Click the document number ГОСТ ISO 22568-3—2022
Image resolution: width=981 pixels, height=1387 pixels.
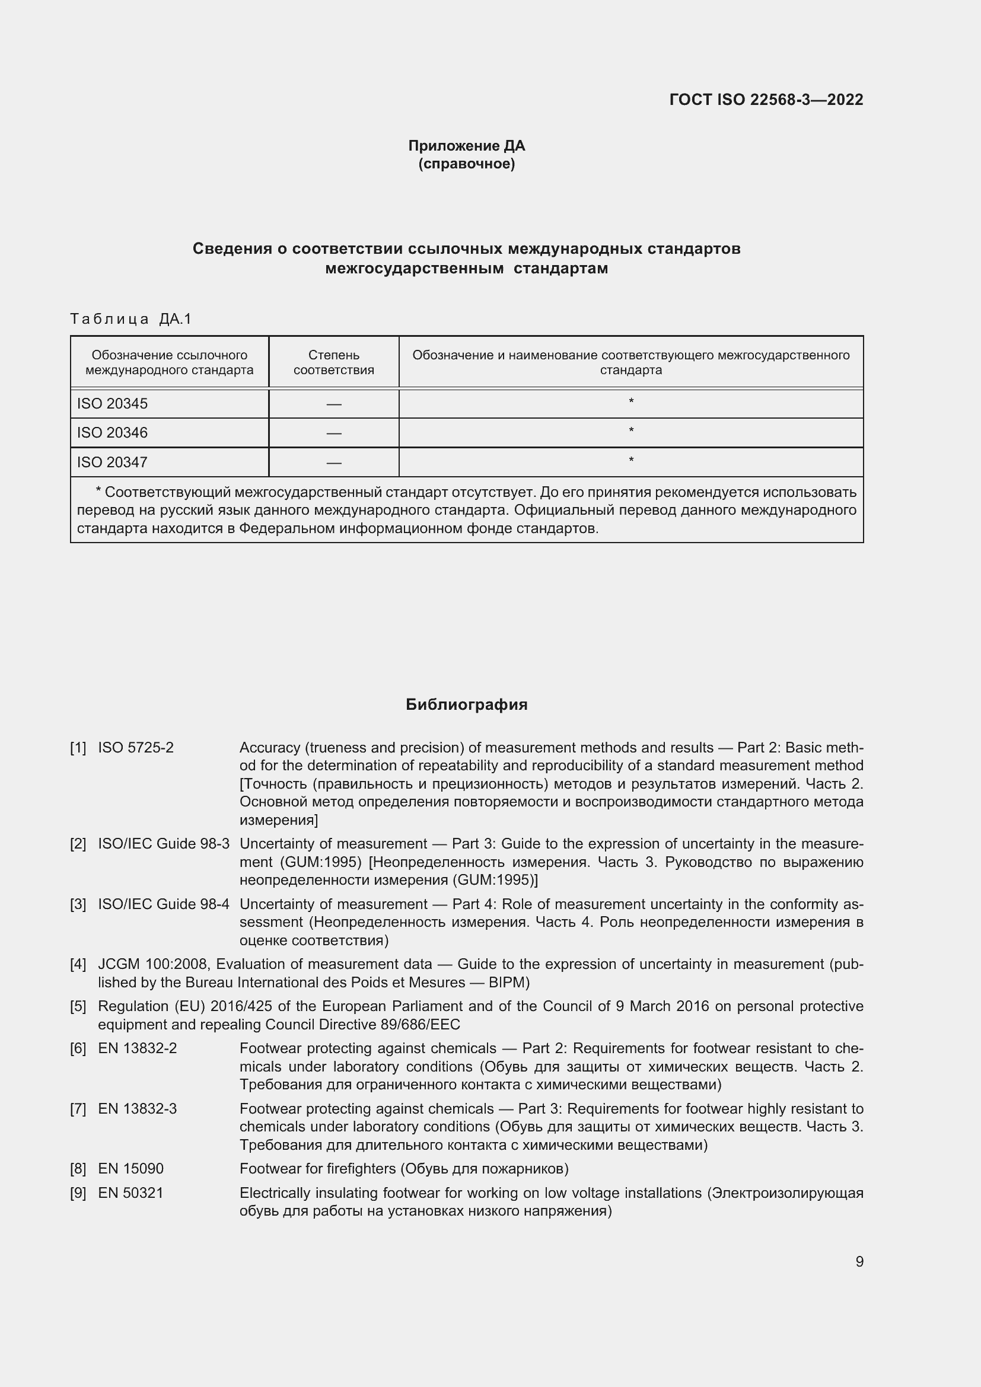[766, 100]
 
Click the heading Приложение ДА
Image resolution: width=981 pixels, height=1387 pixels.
[466, 146]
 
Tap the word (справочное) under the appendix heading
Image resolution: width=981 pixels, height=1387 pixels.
[466, 164]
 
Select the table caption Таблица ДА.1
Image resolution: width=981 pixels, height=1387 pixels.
[130, 319]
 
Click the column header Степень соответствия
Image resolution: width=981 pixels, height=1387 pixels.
[333, 362]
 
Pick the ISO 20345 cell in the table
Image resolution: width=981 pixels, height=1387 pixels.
[112, 404]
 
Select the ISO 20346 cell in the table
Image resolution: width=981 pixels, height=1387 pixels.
[112, 432]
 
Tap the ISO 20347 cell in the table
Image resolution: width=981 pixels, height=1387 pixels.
[112, 462]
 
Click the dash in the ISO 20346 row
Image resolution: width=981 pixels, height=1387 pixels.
[333, 433]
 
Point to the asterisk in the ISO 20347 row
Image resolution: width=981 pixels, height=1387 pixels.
[630, 460]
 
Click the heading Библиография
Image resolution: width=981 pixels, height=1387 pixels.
[466, 704]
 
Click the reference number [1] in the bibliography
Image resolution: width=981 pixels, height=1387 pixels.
[78, 748]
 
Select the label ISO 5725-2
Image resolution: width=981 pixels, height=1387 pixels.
[136, 748]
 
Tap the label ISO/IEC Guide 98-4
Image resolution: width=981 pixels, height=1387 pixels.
[164, 904]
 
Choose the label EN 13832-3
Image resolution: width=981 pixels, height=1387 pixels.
[137, 1109]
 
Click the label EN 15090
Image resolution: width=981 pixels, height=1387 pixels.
[130, 1169]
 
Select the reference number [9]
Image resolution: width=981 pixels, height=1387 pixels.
[78, 1193]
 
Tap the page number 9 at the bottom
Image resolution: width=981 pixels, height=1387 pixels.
[859, 1262]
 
